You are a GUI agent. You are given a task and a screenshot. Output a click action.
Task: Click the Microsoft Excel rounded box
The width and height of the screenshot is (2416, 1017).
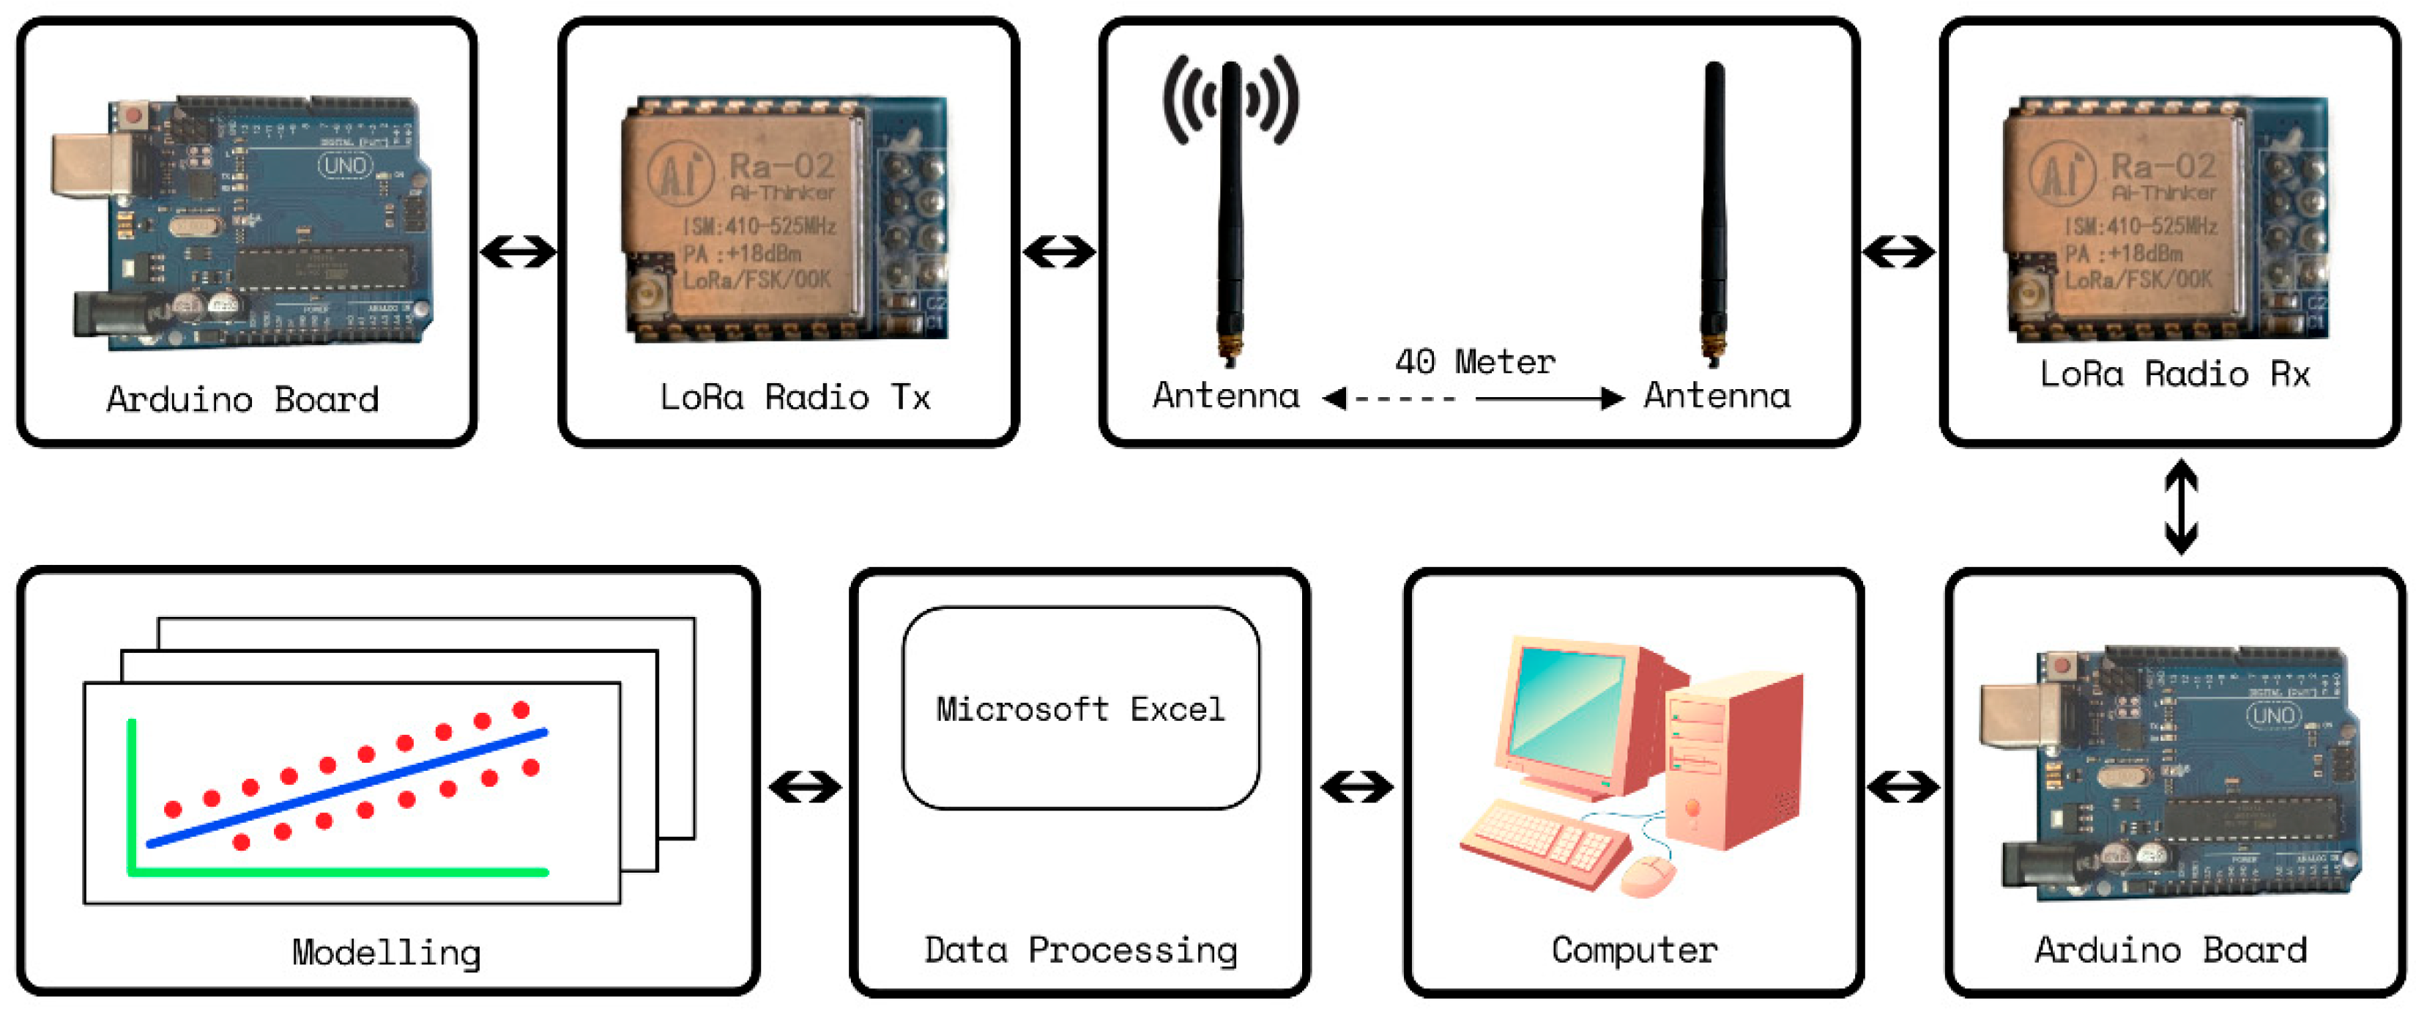pos(1080,709)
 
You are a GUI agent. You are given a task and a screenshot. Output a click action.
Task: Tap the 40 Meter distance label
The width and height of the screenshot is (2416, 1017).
pos(1474,361)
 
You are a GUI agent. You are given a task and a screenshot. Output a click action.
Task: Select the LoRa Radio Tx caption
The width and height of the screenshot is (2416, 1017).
pos(795,397)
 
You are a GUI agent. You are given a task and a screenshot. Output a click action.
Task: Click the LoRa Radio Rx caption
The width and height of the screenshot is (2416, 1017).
pos(2174,374)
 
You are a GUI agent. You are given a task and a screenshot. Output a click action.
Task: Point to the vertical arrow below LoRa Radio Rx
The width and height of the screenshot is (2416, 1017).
pos(2181,506)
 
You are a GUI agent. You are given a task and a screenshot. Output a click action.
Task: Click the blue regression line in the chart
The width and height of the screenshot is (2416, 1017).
pos(347,788)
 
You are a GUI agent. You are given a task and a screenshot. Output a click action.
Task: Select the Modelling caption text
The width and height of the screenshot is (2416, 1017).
pos(387,953)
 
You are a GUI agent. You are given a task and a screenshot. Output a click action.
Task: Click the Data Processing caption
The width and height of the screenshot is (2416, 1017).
pos(1080,950)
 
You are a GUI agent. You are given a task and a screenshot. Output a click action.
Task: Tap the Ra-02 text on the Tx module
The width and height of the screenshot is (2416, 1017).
pos(781,166)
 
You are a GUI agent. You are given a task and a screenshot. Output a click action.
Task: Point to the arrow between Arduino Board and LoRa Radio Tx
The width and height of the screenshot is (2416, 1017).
pos(518,251)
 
